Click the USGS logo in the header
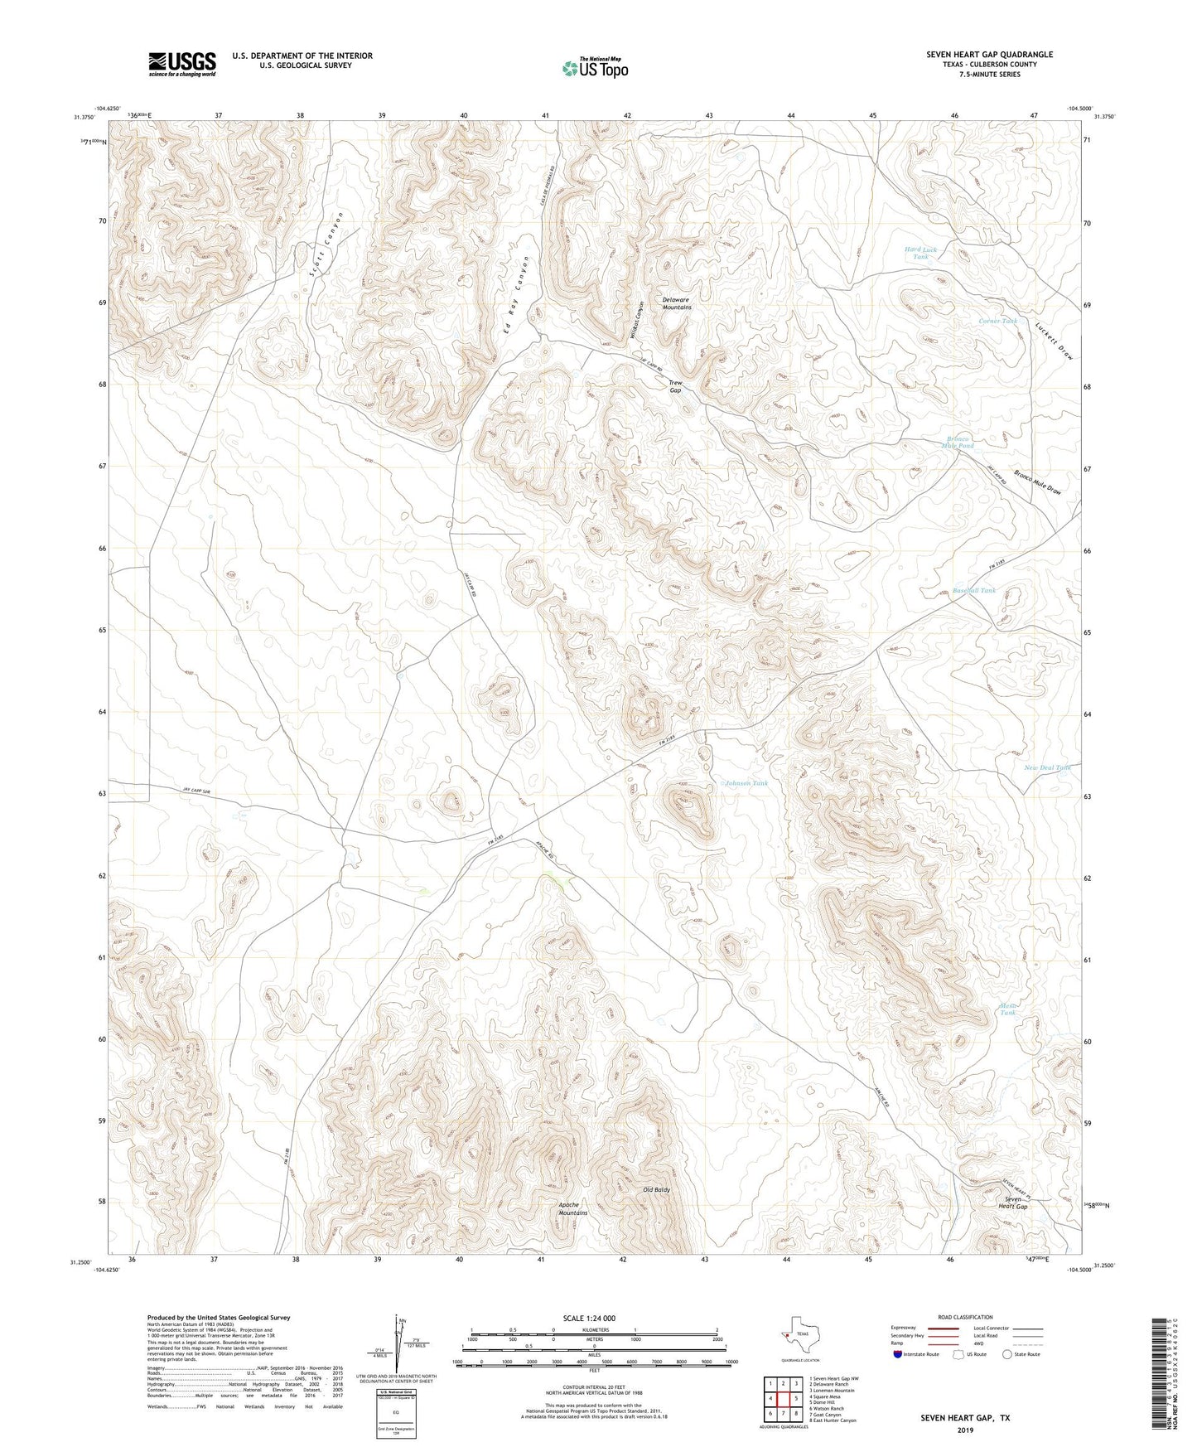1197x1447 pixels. (x=182, y=64)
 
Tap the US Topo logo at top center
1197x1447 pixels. (x=594, y=68)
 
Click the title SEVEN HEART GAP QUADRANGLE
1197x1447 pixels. (x=989, y=55)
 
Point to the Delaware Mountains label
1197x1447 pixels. (x=676, y=303)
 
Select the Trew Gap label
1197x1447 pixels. (x=675, y=386)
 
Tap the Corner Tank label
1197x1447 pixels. (x=997, y=321)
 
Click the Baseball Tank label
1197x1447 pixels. (x=973, y=590)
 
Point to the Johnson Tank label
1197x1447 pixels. (x=748, y=782)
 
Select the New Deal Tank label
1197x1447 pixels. (x=1047, y=767)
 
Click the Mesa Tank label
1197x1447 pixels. (x=1007, y=1009)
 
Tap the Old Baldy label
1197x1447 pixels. (x=656, y=1189)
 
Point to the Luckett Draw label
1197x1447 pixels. (x=1055, y=340)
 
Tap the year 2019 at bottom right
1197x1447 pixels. (x=965, y=1430)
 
